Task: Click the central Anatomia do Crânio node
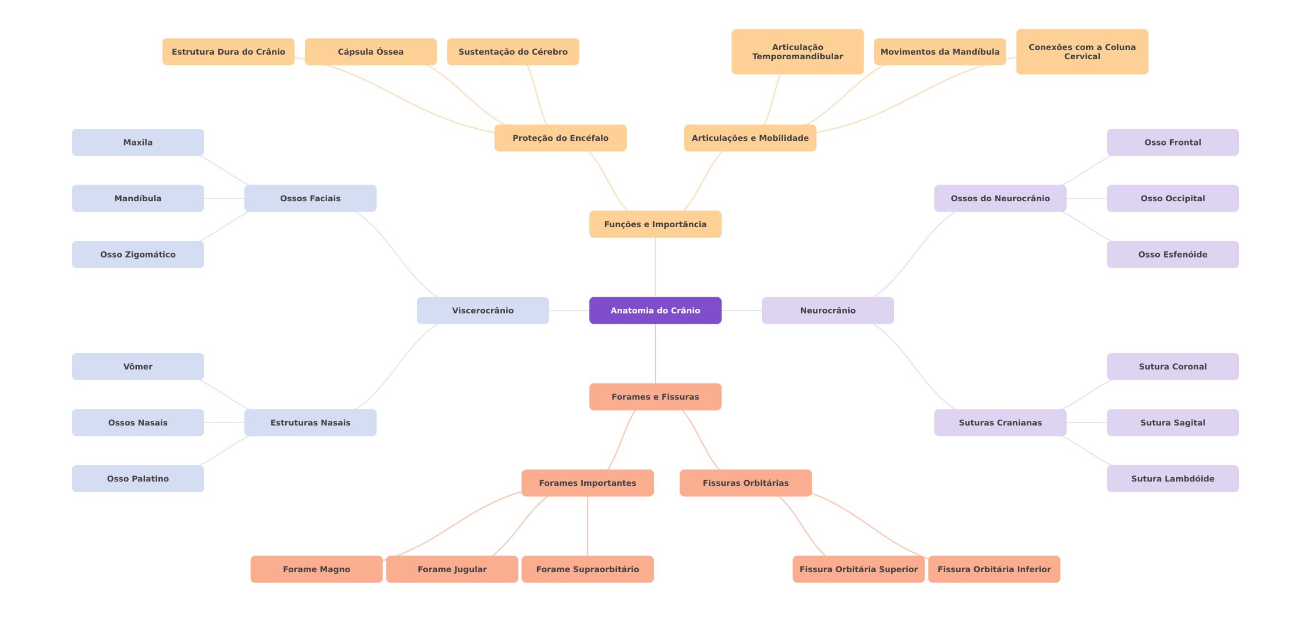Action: click(x=655, y=310)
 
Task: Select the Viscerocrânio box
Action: click(x=482, y=310)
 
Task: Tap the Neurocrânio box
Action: click(x=827, y=310)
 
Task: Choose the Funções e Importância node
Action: click(x=655, y=224)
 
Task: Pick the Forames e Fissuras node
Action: click(x=655, y=397)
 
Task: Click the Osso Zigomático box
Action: click(x=137, y=254)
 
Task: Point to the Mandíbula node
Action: click(x=137, y=198)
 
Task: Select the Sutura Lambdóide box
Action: click(x=1172, y=478)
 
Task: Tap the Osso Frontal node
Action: click(x=1172, y=142)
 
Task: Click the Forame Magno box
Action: click(x=316, y=569)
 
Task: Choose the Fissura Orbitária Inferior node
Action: click(x=994, y=569)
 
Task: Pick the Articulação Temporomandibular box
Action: click(x=797, y=52)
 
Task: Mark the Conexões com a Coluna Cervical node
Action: click(x=1082, y=52)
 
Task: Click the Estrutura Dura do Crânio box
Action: click(x=228, y=52)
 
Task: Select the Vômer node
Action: click(x=137, y=366)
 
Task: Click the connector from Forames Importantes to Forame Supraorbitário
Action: click(x=588, y=526)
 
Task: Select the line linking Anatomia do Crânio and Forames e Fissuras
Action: click(x=655, y=354)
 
